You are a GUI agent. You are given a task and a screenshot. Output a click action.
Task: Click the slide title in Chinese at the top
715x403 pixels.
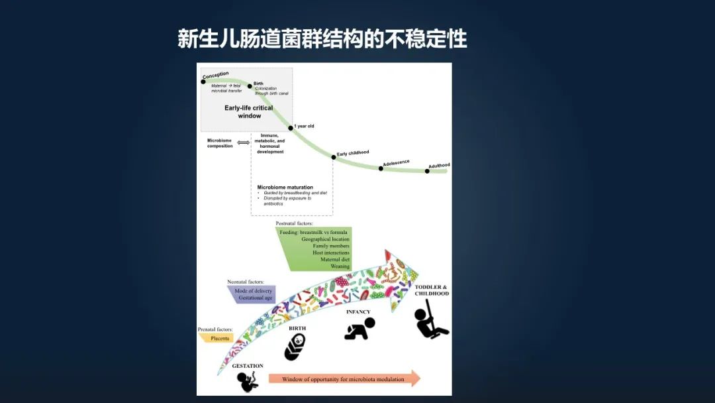(x=322, y=38)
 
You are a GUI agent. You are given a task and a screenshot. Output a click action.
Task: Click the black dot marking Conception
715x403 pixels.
(x=203, y=82)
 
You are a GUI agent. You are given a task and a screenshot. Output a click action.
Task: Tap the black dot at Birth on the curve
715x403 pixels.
(x=250, y=86)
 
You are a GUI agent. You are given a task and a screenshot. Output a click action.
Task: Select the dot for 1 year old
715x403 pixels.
(x=291, y=128)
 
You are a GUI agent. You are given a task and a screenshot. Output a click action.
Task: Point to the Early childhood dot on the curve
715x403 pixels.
(x=334, y=157)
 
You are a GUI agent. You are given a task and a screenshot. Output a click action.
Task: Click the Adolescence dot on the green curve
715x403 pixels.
(x=381, y=168)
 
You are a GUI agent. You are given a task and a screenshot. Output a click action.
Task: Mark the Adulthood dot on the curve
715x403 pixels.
(x=427, y=171)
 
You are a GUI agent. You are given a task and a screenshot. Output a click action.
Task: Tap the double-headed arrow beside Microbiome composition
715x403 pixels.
(x=244, y=143)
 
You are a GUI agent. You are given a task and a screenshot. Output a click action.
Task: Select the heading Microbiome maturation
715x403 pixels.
(x=285, y=188)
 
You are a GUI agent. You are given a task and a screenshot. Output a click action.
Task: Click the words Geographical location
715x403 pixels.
(x=325, y=239)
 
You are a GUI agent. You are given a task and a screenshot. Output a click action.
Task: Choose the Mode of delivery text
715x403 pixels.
(x=254, y=290)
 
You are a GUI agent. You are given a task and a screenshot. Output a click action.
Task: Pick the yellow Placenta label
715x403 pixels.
(x=220, y=338)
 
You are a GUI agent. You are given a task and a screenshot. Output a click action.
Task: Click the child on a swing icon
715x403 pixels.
(x=430, y=319)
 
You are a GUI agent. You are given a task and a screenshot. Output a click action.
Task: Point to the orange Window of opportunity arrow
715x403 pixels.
(x=344, y=379)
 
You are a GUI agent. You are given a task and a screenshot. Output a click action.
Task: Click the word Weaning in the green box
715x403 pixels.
(x=340, y=266)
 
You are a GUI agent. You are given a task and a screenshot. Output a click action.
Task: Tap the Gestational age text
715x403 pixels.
(x=255, y=298)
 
